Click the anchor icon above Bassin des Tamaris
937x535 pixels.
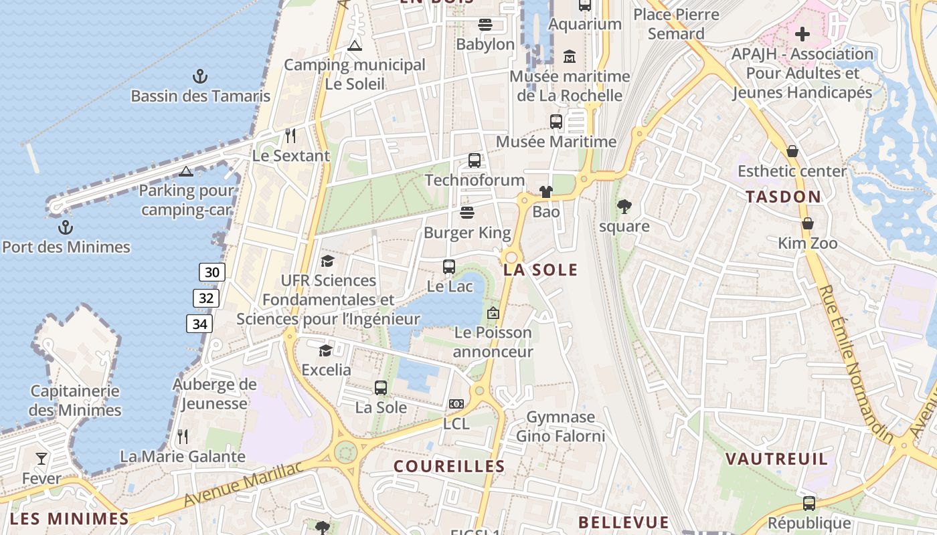199,76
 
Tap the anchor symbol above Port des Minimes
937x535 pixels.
65,227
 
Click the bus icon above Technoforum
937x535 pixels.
475,160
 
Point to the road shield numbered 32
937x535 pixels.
206,298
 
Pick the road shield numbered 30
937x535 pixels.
211,272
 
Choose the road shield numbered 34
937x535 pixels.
199,324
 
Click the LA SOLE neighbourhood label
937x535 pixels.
541,270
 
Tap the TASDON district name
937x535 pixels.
783,197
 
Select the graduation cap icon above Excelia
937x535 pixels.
325,350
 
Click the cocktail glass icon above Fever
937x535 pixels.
41,459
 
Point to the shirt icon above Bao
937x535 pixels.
546,193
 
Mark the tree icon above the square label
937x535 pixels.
624,207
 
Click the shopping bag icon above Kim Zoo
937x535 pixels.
808,223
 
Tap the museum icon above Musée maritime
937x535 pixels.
570,57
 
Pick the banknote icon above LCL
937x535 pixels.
456,404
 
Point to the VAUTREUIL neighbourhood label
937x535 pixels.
777,459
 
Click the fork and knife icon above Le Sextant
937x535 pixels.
290,136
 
